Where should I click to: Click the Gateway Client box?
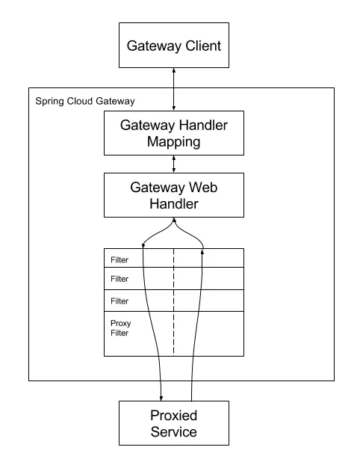174,45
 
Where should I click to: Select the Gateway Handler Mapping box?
174,133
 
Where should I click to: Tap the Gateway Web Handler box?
174,195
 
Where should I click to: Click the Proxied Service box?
174,423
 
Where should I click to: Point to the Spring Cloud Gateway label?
85,102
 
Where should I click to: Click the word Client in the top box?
203,46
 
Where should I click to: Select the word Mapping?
174,142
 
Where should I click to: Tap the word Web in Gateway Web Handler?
203,188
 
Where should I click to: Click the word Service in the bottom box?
174,431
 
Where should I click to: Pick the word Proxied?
174,416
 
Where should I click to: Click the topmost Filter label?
120,260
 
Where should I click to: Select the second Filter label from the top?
120,279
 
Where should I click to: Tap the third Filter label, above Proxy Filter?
120,301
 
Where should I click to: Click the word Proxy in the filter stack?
121,324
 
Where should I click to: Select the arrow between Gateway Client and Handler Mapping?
174,89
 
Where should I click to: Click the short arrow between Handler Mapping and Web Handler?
174,164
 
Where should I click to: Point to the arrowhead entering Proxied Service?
161,398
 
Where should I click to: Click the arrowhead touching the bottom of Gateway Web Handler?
174,220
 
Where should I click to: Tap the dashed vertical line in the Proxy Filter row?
174,333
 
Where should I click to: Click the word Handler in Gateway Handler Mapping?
203,126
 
